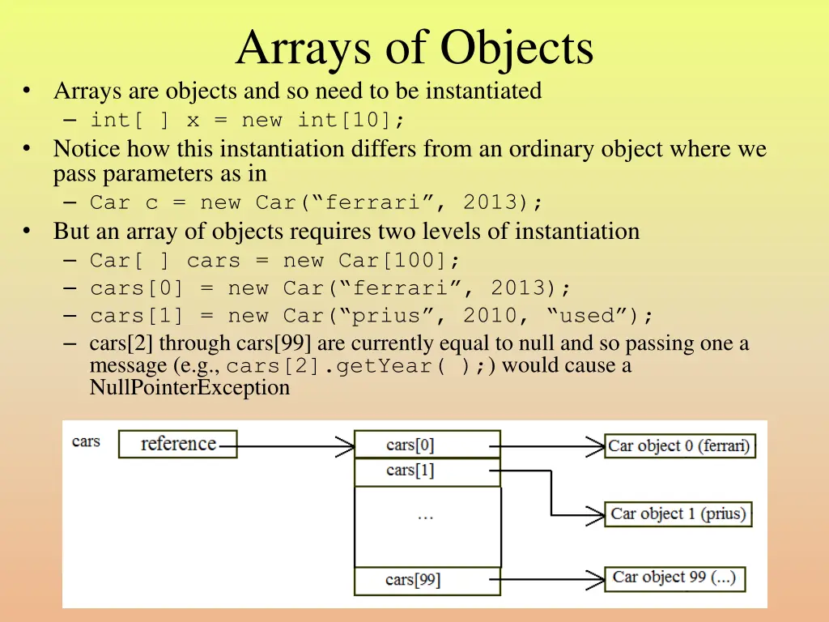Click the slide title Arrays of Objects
[x=414, y=49]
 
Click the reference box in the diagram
[x=178, y=444]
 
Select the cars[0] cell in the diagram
[x=427, y=445]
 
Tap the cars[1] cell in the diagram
[x=427, y=471]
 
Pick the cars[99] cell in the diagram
[x=427, y=580]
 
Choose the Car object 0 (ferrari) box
[x=679, y=445]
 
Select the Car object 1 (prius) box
[x=678, y=513]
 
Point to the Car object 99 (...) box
[x=674, y=577]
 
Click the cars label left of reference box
[x=86, y=441]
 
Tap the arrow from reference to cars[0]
[x=295, y=445]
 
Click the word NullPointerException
[x=189, y=388]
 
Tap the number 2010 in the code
[x=490, y=315]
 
